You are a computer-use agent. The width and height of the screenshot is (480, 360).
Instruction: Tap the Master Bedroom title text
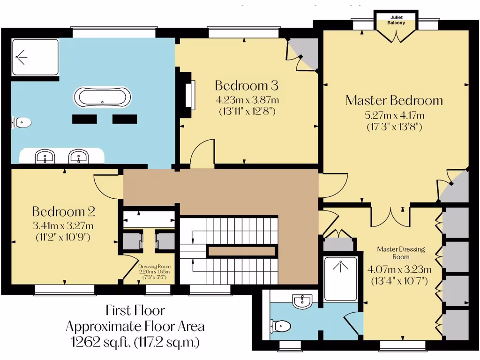[394, 100]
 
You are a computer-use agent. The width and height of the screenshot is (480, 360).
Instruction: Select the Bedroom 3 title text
[247, 85]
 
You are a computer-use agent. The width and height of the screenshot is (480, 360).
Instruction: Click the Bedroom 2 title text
[63, 211]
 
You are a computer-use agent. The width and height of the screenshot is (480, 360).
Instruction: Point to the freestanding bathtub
[103, 98]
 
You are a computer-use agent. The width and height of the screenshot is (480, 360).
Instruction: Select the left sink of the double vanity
[45, 157]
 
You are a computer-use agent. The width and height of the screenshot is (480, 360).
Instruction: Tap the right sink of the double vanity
[78, 157]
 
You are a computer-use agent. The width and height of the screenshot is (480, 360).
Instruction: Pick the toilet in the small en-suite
[281, 325]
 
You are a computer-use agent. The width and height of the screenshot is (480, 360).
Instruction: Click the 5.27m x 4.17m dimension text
[394, 115]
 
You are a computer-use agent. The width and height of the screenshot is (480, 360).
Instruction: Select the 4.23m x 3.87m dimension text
[247, 100]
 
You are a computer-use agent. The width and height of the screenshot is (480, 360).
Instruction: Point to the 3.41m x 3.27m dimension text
[63, 226]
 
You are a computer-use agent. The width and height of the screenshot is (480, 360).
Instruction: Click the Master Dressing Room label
[401, 253]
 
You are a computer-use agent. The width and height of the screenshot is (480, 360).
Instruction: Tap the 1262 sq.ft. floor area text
[135, 342]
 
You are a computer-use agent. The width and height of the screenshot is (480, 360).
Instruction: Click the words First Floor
[135, 310]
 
